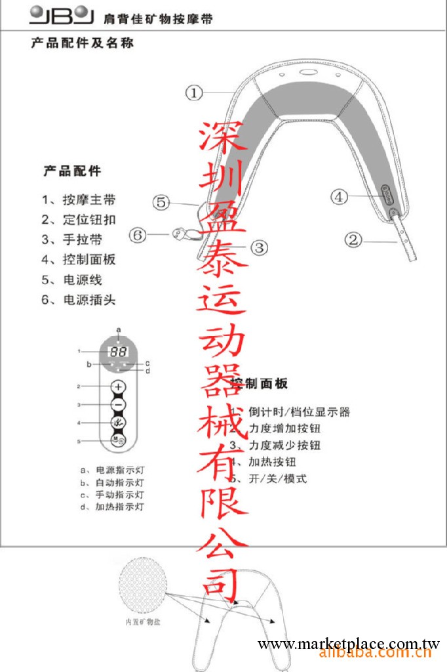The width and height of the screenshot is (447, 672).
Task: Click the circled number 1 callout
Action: pyautogui.click(x=194, y=93)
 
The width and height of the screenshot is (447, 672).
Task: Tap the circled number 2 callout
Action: pyautogui.click(x=354, y=240)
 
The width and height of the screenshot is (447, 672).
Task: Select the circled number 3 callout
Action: pyautogui.click(x=260, y=247)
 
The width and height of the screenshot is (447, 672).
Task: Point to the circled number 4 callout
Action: pyautogui.click(x=338, y=196)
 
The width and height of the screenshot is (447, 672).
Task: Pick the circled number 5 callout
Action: pyautogui.click(x=163, y=202)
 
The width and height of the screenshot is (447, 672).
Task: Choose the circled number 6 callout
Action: pyautogui.click(x=137, y=234)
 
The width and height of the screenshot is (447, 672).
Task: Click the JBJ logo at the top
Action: pyautogui.click(x=58, y=15)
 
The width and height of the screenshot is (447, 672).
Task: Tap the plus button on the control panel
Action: pyautogui.click(x=118, y=387)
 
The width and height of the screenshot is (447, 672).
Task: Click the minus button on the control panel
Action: pyautogui.click(x=118, y=405)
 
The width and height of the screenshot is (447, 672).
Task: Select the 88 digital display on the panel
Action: pyautogui.click(x=118, y=351)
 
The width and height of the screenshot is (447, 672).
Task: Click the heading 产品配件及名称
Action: pyautogui.click(x=82, y=45)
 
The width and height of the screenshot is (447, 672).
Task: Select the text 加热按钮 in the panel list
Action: pyautogui.click(x=273, y=462)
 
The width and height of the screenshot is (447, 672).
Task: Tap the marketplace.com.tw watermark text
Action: pyautogui.click(x=348, y=645)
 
